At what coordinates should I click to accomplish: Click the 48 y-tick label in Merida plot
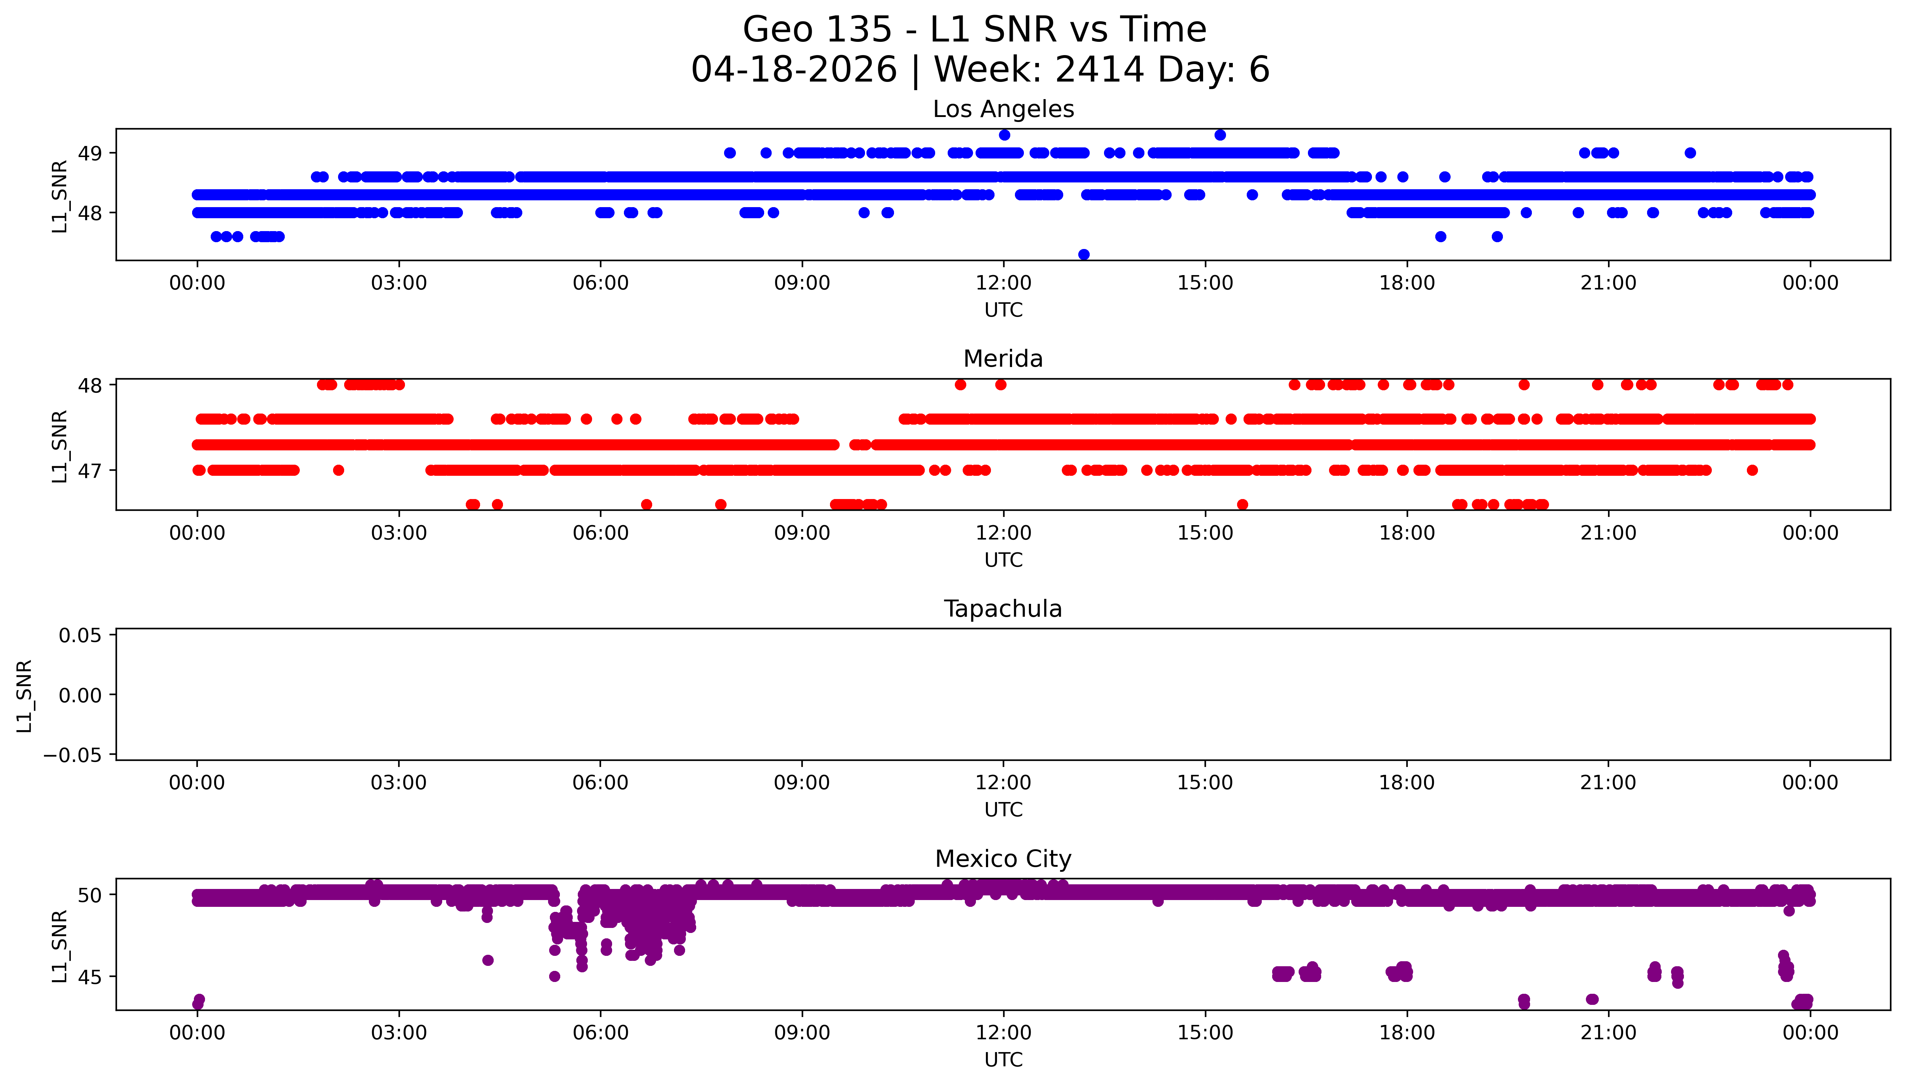click(x=90, y=385)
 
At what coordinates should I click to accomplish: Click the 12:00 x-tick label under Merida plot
click(x=1003, y=533)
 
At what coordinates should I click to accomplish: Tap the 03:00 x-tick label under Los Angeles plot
click(x=399, y=283)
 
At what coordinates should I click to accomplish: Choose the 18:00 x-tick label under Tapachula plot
click(x=1407, y=782)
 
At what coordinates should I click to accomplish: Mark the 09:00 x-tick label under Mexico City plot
click(x=802, y=1033)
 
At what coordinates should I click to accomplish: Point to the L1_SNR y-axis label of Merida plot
click(x=60, y=446)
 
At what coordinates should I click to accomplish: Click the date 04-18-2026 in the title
click(x=794, y=70)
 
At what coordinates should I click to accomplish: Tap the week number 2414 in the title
click(x=1099, y=70)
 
